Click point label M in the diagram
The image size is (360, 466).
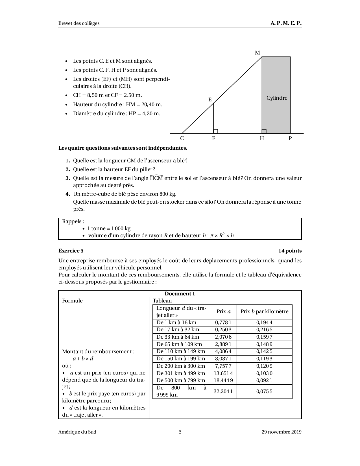pos(257,53)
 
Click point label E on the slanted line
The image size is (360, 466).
pos(210,100)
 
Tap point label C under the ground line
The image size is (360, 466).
pos(182,138)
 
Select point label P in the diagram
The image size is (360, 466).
pos(290,138)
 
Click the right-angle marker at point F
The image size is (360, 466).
pos(216,131)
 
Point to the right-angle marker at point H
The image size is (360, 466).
pos(264,131)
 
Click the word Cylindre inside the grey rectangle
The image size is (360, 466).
pos(277,98)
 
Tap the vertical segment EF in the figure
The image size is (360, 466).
pos(213,119)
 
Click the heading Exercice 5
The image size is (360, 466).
pos(71,251)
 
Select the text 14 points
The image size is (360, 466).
pos(290,251)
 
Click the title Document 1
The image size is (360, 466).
pos(180,294)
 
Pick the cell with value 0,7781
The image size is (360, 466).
pos(223,323)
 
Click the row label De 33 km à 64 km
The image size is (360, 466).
pos(178,337)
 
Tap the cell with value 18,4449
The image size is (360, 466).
pos(223,380)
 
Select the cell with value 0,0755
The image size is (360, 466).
pos(264,391)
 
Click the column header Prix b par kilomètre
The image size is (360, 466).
pos(264,312)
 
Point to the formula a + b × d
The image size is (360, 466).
pos(83,359)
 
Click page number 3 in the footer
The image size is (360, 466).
pos(180,432)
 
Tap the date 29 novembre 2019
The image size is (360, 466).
pos(281,432)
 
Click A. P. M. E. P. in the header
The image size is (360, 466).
pos(286,23)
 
